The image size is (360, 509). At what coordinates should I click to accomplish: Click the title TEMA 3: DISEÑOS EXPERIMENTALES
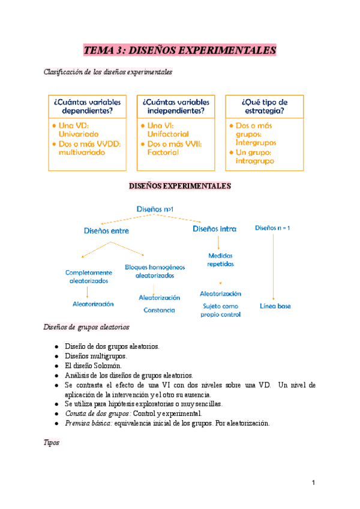coord(180,50)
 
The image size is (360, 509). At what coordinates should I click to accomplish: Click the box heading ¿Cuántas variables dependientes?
coord(90,106)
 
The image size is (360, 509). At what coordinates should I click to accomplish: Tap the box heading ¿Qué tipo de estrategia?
coord(264,106)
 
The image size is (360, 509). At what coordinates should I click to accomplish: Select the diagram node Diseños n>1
coord(155,208)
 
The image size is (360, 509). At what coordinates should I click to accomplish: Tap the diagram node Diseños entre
coord(106,230)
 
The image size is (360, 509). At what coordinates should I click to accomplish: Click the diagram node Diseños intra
coord(214,229)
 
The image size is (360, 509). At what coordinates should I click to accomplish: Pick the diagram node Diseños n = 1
coord(272,228)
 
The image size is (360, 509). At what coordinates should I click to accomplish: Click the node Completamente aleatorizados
coord(89,276)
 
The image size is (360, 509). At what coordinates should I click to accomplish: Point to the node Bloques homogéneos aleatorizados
coord(155,271)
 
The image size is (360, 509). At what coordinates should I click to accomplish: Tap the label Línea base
coord(275,306)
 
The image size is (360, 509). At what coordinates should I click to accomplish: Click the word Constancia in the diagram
coord(159,310)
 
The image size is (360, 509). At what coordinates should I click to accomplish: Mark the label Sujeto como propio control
coord(221,310)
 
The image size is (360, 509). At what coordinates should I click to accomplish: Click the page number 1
coord(314,483)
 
